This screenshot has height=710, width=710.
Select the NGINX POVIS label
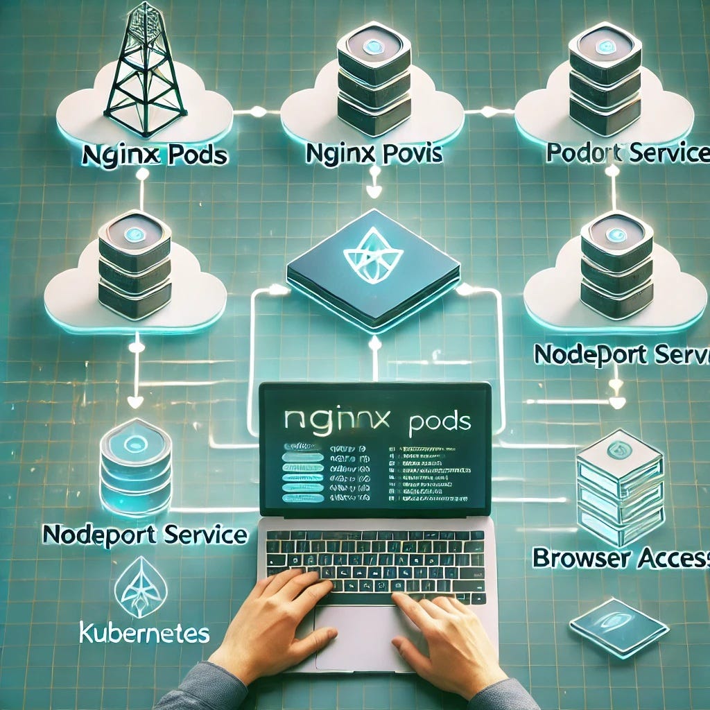pos(373,155)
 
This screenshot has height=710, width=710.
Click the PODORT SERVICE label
pos(624,153)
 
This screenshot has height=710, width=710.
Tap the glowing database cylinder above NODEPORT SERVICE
pos(135,463)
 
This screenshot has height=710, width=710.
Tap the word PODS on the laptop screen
pos(438,421)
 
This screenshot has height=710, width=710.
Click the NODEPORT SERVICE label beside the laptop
pos(144,535)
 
